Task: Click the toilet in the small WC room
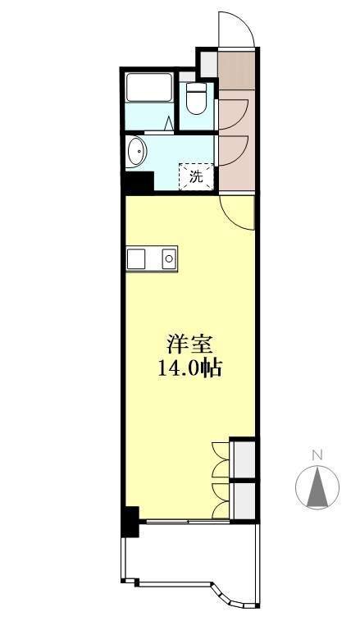coord(196,98)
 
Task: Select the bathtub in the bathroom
coord(149,87)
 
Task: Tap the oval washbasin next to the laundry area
coord(136,150)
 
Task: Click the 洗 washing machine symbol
coord(196,176)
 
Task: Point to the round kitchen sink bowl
coord(169,259)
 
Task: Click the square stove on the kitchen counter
coord(136,259)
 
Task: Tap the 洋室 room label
coord(189,344)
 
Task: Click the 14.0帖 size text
coord(189,368)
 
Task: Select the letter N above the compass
coord(317,455)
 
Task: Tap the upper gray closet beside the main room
coord(244,459)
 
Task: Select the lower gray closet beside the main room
coord(244,500)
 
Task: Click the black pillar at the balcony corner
coord(130,522)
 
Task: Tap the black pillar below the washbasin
coord(139,183)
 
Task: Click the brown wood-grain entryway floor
coord(236,70)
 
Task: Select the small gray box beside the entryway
coord(209,64)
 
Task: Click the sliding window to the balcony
coord(188,522)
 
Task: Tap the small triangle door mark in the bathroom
coord(169,123)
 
